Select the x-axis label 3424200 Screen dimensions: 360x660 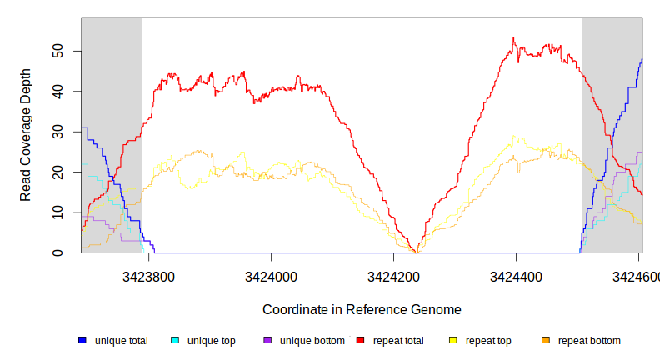pos(392,275)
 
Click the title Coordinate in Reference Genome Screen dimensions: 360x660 pos(362,309)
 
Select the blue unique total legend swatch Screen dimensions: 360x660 pos(82,341)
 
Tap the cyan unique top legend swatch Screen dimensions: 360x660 pos(175,341)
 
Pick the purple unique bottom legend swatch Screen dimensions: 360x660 pos(267,341)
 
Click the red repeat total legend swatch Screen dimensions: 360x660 pos(361,341)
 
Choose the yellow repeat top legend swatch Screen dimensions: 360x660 pos(453,341)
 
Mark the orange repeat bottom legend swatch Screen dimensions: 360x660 pos(546,341)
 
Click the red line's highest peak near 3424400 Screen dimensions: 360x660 pos(513,38)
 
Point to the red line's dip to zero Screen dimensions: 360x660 pos(415,251)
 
